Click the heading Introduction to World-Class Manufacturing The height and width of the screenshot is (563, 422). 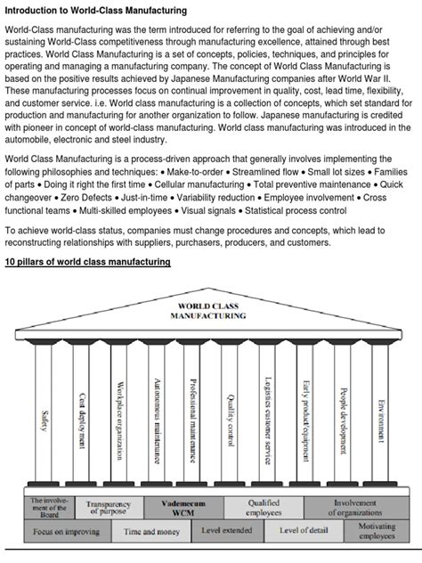point(96,10)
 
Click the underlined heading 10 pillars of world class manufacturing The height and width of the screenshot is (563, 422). point(87,263)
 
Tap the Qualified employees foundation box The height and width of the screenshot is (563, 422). point(264,508)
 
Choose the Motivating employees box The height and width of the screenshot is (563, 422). point(377,532)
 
